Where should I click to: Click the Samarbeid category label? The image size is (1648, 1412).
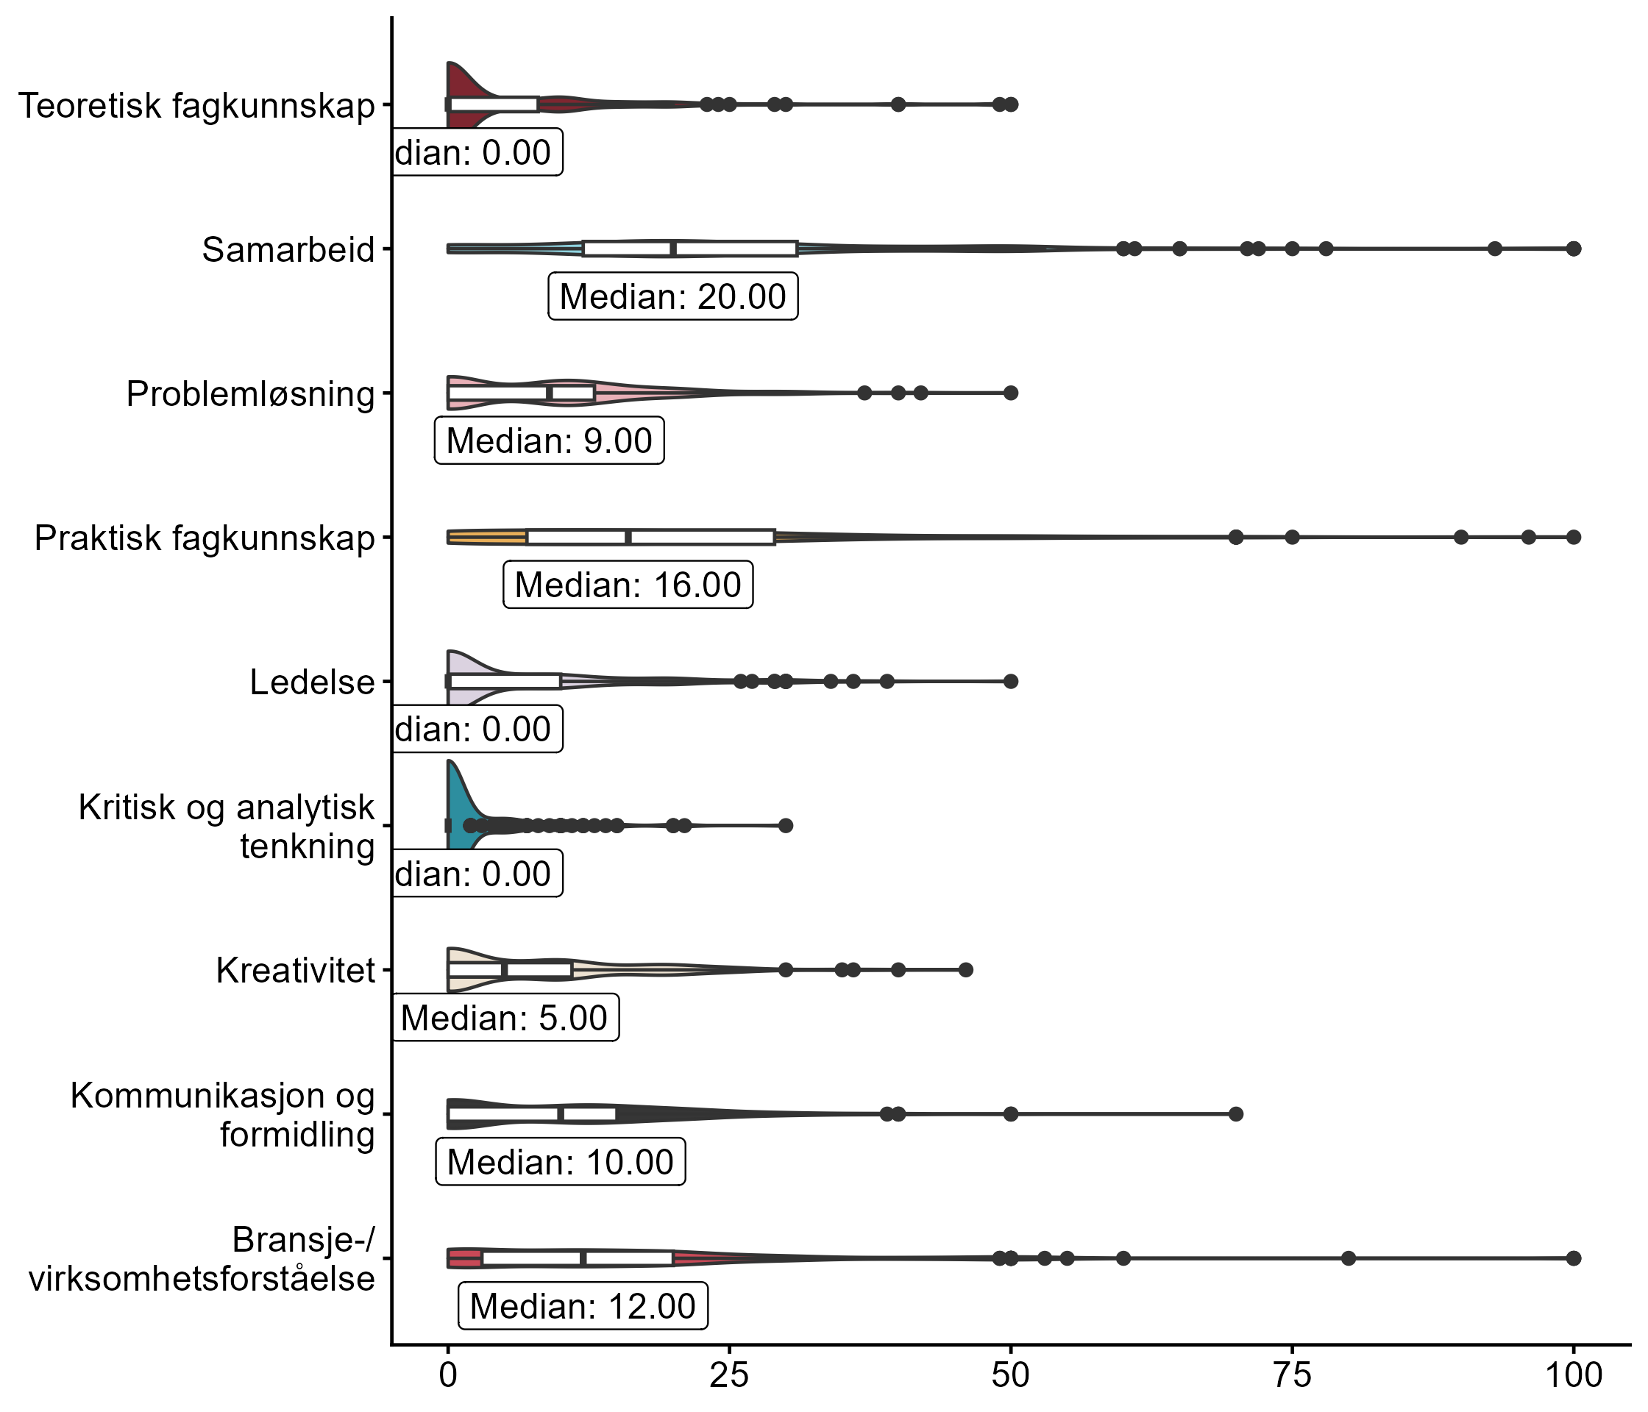(x=288, y=249)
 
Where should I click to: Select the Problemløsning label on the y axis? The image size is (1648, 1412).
(x=251, y=394)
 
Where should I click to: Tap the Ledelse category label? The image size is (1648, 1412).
(x=312, y=682)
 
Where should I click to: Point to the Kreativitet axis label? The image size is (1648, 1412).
(x=295, y=971)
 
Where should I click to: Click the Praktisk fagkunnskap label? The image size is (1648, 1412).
(x=205, y=538)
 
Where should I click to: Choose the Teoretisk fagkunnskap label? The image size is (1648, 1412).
(x=196, y=106)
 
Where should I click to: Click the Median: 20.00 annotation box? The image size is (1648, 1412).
(x=673, y=296)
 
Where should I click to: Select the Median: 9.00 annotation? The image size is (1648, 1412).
(x=549, y=441)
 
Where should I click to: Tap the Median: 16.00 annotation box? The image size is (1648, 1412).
(x=628, y=585)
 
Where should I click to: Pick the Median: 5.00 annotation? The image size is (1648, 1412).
(x=504, y=1018)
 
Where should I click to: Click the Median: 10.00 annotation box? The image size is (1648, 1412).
(x=560, y=1163)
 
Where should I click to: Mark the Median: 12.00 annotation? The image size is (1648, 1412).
(x=582, y=1306)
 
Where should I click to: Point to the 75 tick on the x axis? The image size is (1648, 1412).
(x=1292, y=1376)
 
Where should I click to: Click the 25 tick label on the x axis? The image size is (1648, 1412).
(x=729, y=1376)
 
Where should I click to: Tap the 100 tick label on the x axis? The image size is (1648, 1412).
(x=1572, y=1376)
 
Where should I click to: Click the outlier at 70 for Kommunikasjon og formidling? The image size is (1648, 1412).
(x=1235, y=1114)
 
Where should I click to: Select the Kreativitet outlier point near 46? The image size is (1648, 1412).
(x=965, y=970)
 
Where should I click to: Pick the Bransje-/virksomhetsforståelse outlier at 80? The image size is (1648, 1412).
(x=1348, y=1258)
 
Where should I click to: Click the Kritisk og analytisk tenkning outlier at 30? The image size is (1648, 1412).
(x=786, y=825)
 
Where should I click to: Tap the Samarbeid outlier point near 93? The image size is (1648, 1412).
(x=1494, y=249)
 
